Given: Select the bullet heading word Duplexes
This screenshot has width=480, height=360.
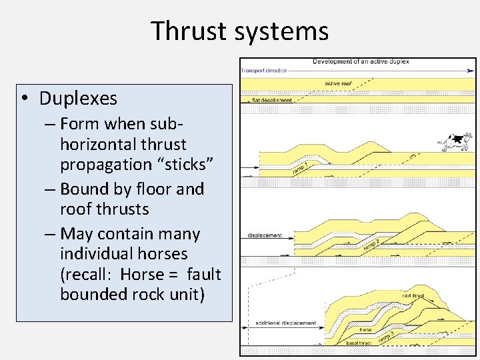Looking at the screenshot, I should [x=78, y=99].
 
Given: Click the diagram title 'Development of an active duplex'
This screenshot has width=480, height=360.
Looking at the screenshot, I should [x=361, y=62].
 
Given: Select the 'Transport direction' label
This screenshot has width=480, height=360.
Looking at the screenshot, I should [x=265, y=70].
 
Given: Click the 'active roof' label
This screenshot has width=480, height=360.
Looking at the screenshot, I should [x=339, y=83].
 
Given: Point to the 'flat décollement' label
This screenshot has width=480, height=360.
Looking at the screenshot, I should [x=271, y=100].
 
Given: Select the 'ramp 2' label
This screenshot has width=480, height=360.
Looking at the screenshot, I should [x=371, y=245].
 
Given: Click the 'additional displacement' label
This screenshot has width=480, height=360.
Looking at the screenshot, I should [x=285, y=323].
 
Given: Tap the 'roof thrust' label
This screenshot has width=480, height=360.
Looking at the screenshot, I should [x=414, y=295].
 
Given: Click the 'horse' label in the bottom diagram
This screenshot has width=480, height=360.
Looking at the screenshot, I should [x=365, y=329].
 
